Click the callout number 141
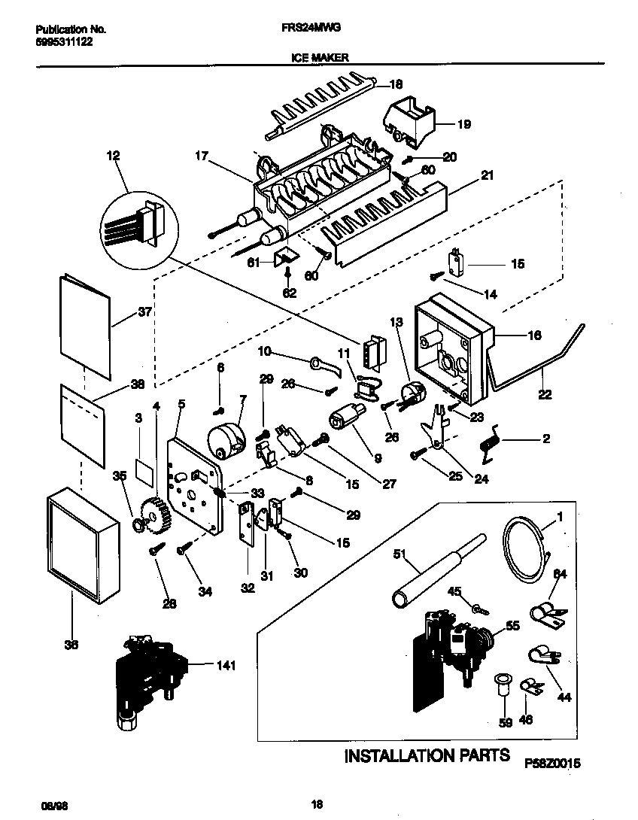(x=225, y=665)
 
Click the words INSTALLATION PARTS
(x=427, y=755)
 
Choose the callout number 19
(x=463, y=124)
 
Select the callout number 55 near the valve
(x=512, y=624)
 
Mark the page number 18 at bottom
(x=317, y=804)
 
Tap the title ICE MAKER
(x=319, y=56)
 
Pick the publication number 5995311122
(x=65, y=43)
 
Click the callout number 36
(x=71, y=644)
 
